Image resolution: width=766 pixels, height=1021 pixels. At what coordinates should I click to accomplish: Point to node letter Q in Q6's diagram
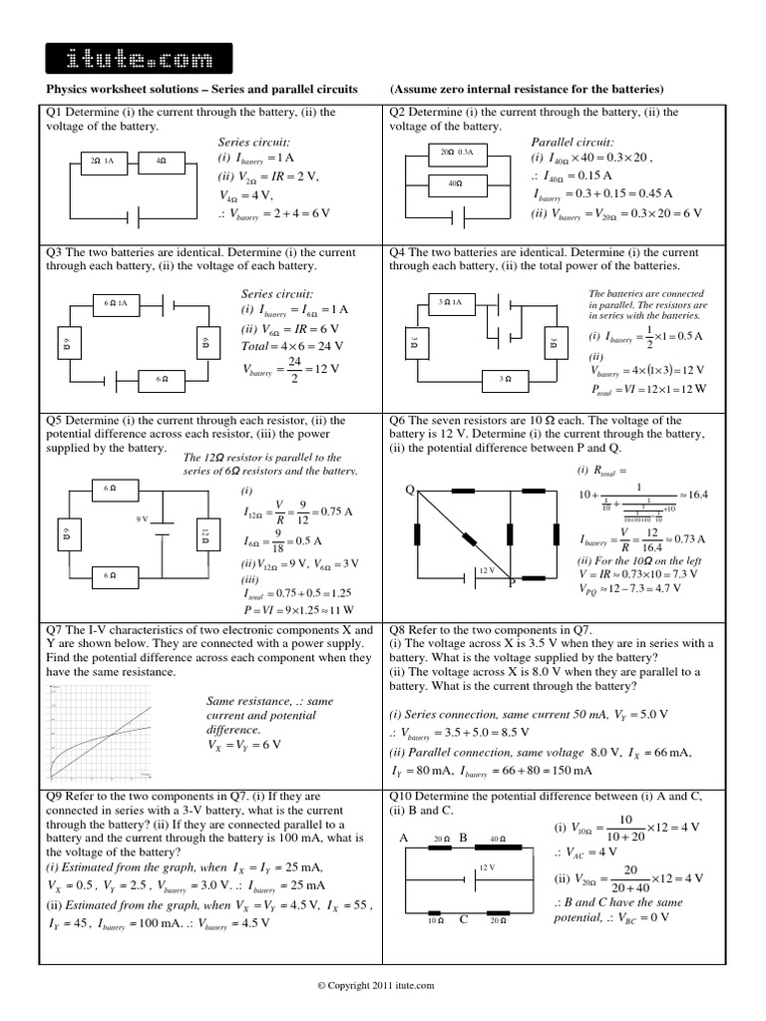click(x=407, y=491)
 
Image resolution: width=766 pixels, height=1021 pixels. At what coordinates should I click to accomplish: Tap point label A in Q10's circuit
click(x=405, y=839)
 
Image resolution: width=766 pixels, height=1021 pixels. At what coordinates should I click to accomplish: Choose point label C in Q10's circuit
click(x=465, y=920)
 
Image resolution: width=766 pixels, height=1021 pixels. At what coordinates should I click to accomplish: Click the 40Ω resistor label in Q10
click(x=497, y=839)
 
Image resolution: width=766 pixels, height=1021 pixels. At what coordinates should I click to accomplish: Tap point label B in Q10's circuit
click(x=463, y=839)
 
